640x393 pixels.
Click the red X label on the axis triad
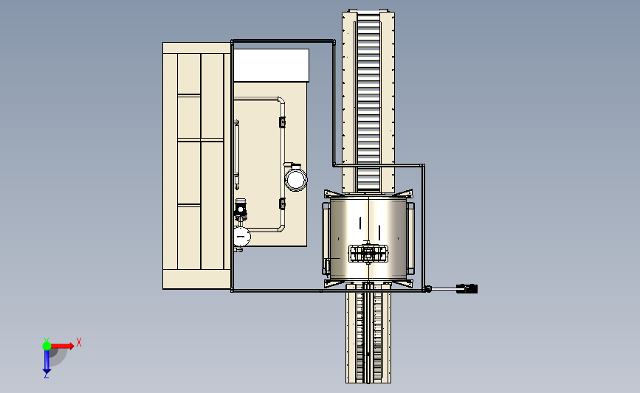click(x=79, y=342)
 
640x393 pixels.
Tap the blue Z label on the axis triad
click(x=46, y=375)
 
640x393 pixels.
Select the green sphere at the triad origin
click(x=47, y=346)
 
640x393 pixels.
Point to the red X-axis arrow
click(x=62, y=346)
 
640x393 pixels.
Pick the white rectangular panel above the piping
click(x=271, y=65)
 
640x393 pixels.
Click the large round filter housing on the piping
click(x=295, y=179)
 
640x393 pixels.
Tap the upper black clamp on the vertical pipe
click(x=282, y=122)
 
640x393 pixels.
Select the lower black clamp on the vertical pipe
click(x=282, y=204)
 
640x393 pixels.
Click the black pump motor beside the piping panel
click(x=241, y=207)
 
